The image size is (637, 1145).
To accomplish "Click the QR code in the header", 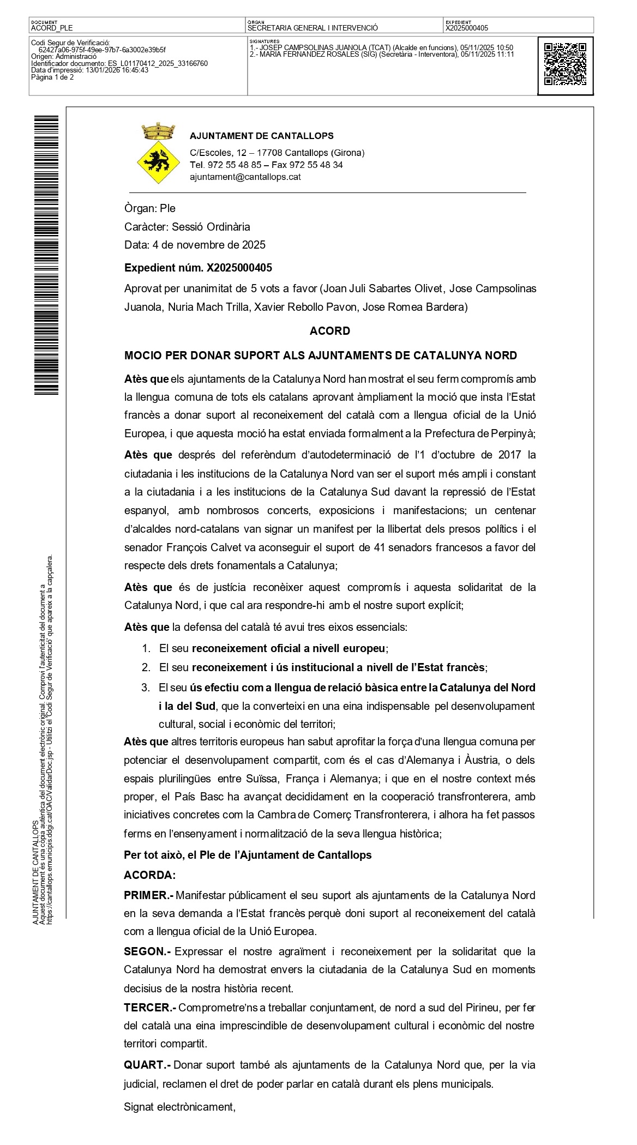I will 565,65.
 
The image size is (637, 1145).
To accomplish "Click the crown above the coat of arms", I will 157,131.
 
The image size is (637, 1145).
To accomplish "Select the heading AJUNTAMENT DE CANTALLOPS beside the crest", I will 261,136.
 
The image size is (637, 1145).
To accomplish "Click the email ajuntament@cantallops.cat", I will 245,177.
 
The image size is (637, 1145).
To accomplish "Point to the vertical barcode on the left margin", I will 46,255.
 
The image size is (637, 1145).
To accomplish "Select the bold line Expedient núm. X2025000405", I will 198,268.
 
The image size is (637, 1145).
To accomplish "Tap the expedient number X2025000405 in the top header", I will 466,28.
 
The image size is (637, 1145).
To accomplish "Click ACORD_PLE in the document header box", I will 52,28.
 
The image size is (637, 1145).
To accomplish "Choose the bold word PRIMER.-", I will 148,895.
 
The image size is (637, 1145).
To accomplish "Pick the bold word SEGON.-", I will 147,951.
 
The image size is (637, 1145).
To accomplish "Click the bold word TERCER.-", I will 149,1008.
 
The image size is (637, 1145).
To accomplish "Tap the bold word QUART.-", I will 147,1064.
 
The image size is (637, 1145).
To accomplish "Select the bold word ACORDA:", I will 150,875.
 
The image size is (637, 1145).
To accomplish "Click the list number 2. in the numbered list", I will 146,667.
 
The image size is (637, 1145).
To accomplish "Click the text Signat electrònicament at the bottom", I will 179,1107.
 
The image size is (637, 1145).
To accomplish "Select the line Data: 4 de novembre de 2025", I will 195,245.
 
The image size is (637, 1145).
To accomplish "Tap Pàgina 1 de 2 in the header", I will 52,77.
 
